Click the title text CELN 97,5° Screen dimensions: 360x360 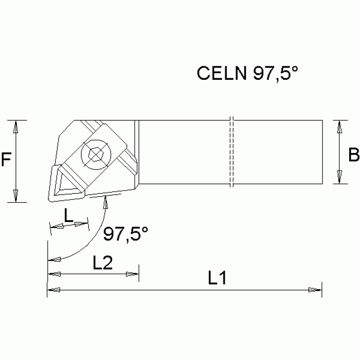point(248,73)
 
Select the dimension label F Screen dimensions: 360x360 point(6,161)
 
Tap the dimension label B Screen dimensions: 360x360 point(353,154)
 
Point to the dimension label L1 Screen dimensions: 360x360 point(217,279)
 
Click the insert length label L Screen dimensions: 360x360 point(69,215)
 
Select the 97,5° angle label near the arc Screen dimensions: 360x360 point(126,233)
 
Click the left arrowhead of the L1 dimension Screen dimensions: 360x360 point(54,290)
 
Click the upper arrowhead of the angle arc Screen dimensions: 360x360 point(106,203)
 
